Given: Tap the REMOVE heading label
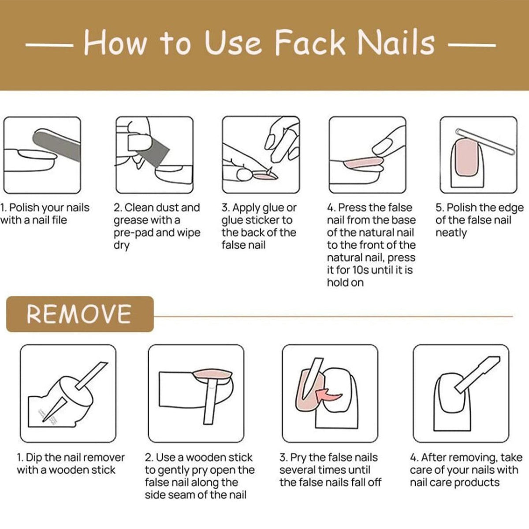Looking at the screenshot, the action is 79,314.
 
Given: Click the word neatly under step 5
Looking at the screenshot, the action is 451,233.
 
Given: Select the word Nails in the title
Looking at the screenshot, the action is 396,43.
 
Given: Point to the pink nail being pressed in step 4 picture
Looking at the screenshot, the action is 363,163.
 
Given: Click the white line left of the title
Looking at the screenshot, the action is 49,45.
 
